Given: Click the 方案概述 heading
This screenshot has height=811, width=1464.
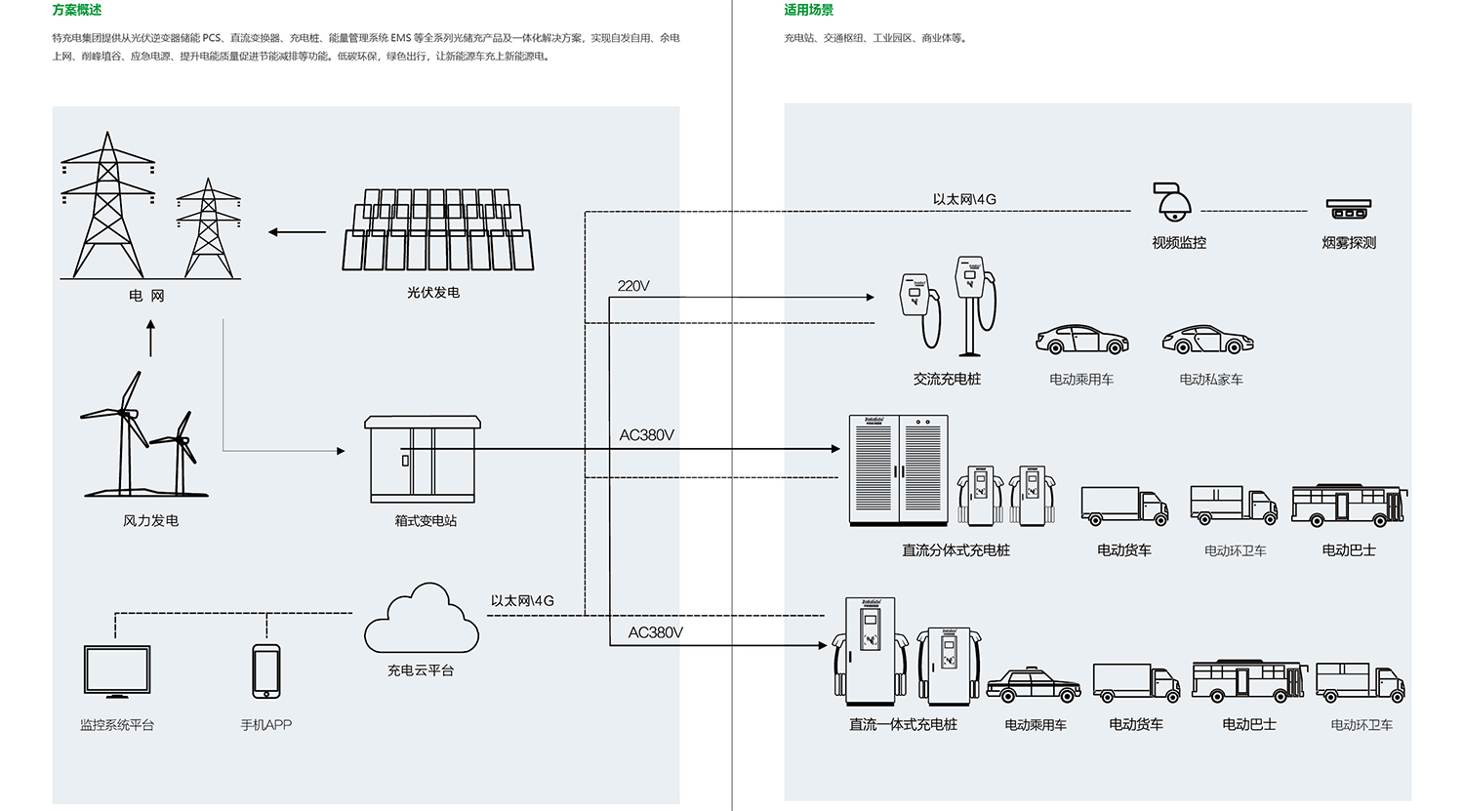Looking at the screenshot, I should pos(76,10).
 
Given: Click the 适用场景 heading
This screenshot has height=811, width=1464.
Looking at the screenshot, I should pos(808,10).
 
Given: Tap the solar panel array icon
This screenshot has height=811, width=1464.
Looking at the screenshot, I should pos(438,230).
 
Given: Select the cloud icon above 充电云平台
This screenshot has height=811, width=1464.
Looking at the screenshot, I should pos(422,621).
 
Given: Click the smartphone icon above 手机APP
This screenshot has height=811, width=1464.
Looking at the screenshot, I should pos(265,670).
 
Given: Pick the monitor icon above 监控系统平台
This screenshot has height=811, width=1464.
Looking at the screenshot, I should pos(117,670).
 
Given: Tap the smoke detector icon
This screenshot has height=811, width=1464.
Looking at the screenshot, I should pos(1348,209).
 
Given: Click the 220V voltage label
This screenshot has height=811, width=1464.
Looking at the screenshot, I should pos(633,286).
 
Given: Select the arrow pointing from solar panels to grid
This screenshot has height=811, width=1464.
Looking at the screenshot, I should pos(297,232).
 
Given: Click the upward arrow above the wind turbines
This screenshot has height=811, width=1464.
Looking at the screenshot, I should pos(150,339).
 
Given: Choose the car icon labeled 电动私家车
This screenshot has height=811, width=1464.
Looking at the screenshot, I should pos(1207,341).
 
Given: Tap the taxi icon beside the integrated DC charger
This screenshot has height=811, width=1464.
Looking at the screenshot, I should pos(1034,685).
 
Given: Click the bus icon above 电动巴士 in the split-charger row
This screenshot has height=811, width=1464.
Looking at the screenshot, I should pos(1349,505).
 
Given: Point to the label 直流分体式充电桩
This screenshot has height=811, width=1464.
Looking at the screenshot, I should pos(956,550).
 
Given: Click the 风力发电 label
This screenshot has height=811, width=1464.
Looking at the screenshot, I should pos(150,521).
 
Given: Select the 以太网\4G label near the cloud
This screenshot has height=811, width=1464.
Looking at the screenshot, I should pos(522,601).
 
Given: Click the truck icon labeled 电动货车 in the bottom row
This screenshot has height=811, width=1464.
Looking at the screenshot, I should pos(1136,682).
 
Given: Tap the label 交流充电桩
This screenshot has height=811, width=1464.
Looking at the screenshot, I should pos(947,379).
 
